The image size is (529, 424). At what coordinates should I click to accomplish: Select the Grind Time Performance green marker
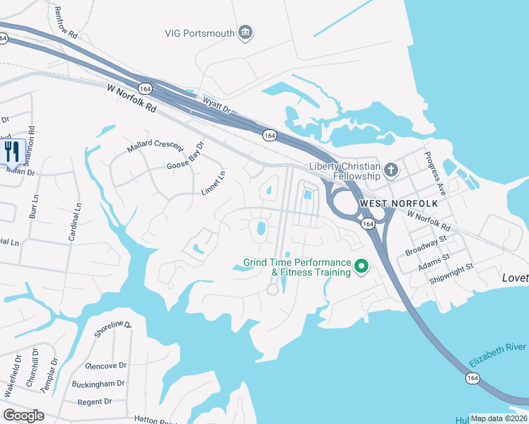[x=361, y=266]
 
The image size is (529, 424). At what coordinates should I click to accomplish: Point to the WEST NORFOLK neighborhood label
[x=399, y=204]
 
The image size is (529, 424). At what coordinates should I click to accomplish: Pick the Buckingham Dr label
[x=98, y=384]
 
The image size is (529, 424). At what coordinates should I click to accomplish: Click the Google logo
[x=23, y=416]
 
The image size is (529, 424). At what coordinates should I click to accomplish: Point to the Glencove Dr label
[x=105, y=366]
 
